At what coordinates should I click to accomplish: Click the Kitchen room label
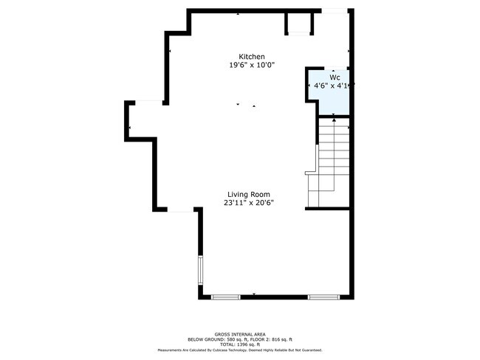[251, 57]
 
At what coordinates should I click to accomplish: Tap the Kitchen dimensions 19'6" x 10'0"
[251, 66]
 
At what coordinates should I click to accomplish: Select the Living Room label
[248, 194]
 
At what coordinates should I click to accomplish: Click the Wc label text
[335, 77]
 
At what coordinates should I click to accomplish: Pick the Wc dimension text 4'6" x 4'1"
[331, 86]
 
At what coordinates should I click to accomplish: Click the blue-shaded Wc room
[328, 100]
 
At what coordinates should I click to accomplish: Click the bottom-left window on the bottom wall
[226, 297]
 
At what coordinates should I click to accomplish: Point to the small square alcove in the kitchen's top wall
[298, 24]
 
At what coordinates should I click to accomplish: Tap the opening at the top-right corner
[335, 10]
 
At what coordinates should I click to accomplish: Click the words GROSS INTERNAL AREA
[240, 333]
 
